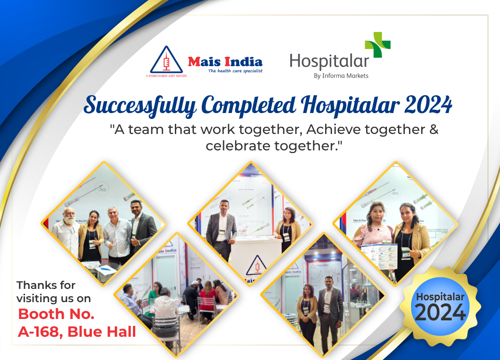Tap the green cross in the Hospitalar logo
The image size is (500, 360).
pos(378,44)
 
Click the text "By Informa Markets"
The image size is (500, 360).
pos(341,76)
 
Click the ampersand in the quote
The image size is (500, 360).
pos(434,130)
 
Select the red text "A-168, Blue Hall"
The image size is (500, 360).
pos(77,332)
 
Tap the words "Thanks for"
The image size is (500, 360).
pos(46,285)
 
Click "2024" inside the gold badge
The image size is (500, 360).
pos(440,313)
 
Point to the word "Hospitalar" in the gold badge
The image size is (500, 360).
pos(440,297)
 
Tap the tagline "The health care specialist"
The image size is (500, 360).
pos(235,71)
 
